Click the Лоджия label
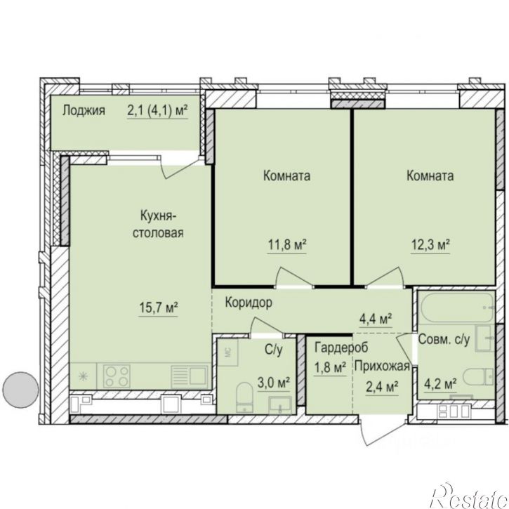[84, 110]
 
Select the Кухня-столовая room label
[158, 224]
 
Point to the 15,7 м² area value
[159, 308]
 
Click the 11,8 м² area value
[287, 245]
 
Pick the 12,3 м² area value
[430, 245]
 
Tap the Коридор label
[249, 303]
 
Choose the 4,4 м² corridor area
[376, 319]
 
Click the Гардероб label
[341, 348]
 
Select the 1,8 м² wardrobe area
[330, 368]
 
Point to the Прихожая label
[382, 366]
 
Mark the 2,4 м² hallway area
[382, 387]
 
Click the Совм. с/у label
[444, 339]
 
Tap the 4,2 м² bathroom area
[440, 384]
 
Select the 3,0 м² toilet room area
[274, 383]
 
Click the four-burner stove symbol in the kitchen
[117, 376]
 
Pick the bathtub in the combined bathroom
[457, 307]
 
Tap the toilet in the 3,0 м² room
[244, 397]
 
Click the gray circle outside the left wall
[20, 389]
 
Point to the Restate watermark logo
[470, 496]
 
